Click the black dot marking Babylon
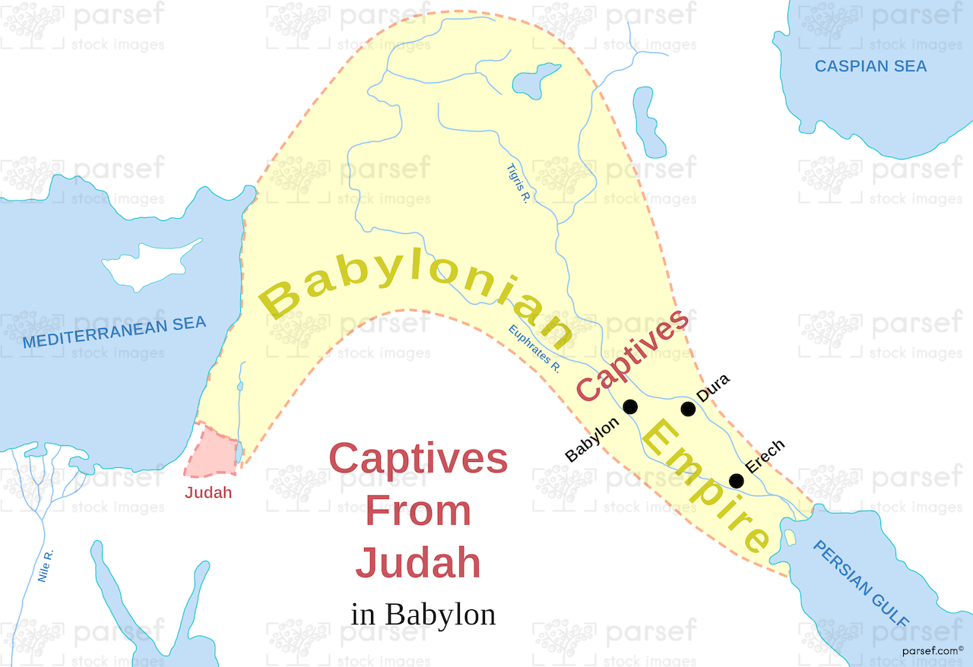pos(630,407)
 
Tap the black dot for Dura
pos(688,409)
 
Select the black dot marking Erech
pos(736,481)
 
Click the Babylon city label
pos(592,440)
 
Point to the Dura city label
pos(713,387)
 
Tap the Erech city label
pos(764,457)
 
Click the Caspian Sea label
pos(870,66)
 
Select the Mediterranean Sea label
pos(114,333)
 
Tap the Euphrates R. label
pos(534,349)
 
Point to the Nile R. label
pos(46,567)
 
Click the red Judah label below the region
pos(208,492)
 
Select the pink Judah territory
pos(211,454)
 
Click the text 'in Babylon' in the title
pos(423,614)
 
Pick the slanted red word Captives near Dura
pos(632,356)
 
